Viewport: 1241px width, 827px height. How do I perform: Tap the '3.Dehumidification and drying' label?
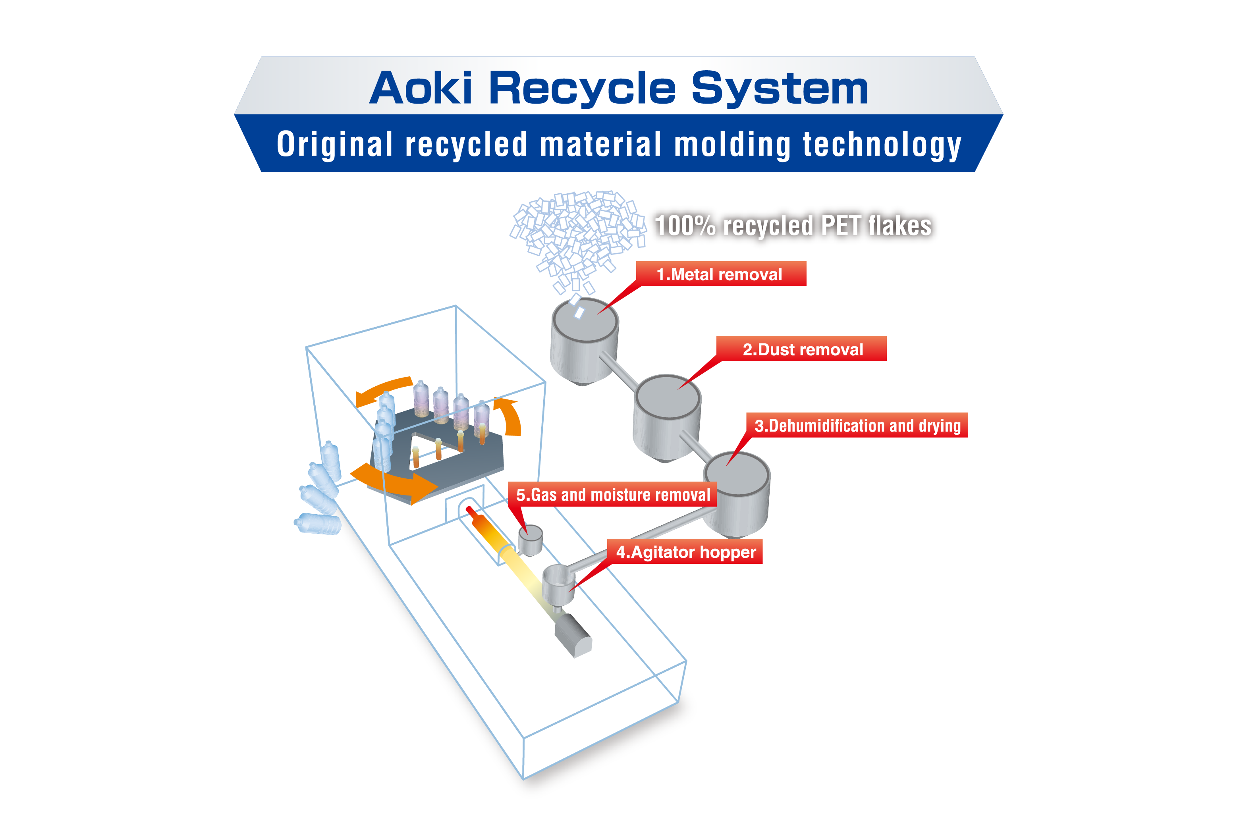click(x=857, y=425)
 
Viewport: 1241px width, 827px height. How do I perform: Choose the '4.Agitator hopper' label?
click(x=686, y=552)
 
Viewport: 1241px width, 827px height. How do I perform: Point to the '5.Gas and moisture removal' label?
click(x=613, y=494)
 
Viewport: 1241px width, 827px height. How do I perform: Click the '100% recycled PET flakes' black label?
click(x=793, y=226)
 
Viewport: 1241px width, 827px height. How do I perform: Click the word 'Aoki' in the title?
click(x=420, y=88)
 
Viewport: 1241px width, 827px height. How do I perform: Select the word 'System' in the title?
click(x=779, y=89)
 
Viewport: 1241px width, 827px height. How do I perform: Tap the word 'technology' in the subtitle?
click(x=882, y=145)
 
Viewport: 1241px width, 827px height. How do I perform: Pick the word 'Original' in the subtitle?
click(x=334, y=145)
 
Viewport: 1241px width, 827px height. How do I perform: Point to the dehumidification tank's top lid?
click(x=737, y=473)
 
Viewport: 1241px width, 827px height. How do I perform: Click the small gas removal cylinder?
click(x=530, y=539)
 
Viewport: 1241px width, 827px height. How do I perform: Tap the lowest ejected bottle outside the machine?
click(x=318, y=524)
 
